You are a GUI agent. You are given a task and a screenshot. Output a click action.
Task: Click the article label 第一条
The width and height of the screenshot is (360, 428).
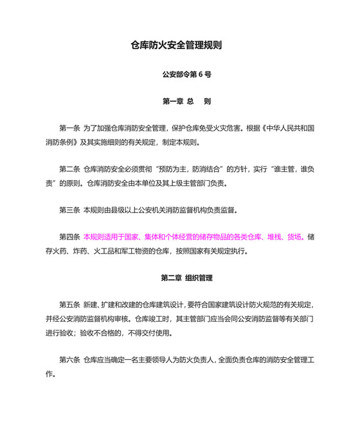pyautogui.click(x=69, y=128)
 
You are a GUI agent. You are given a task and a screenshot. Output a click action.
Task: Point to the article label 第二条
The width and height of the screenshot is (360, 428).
pyautogui.click(x=69, y=169)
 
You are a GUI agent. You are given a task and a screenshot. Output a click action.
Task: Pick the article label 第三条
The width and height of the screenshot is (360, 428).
pyautogui.click(x=69, y=210)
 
